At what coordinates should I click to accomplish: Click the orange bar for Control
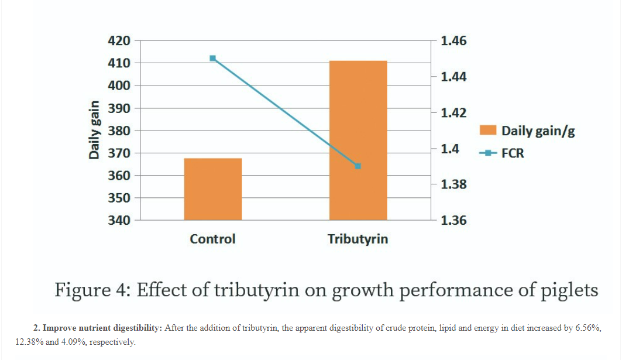coord(213,189)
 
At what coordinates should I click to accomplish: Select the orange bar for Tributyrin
coord(358,140)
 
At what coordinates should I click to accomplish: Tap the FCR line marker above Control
coord(212,58)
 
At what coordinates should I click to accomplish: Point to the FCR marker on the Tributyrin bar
coord(358,166)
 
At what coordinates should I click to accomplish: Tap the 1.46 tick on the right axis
coord(453,41)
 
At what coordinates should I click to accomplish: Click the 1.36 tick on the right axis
coord(453,221)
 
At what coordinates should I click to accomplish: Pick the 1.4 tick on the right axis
coord(450,149)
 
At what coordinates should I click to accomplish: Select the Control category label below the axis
coord(212,239)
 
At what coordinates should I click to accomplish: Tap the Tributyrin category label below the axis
coord(358,239)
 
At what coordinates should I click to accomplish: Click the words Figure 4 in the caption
coord(91,290)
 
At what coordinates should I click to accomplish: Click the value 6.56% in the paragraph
coord(587,328)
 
